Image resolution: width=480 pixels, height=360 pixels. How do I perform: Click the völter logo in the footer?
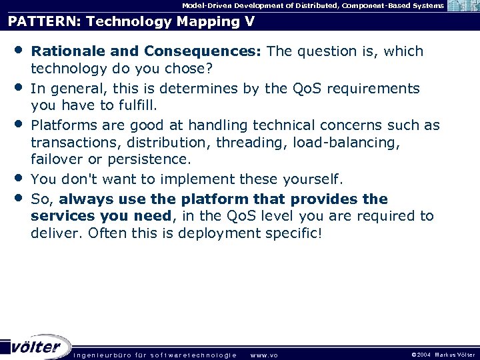point(37,346)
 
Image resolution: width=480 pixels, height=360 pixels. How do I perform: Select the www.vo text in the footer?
point(264,355)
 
